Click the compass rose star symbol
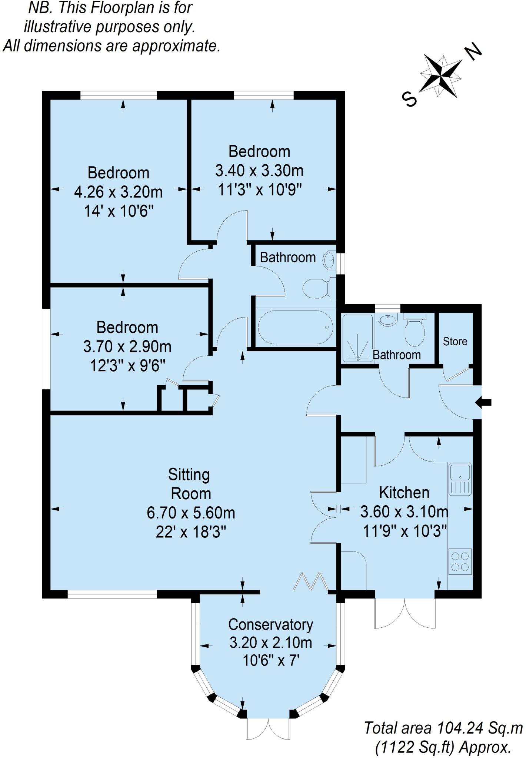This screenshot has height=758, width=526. coord(441,76)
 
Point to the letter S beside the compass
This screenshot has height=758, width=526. coord(410,99)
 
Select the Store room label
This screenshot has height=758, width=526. coord(455,341)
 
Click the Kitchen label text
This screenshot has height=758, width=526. coord(404,493)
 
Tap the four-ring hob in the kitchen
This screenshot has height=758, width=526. coord(460,561)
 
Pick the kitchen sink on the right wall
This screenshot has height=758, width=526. coord(460,479)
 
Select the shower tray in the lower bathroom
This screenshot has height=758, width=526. coord(357,338)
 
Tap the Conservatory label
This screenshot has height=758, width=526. coord(270,624)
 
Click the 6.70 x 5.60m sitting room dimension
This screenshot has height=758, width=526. coord(191,513)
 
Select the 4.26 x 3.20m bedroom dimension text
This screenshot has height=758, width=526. coord(118,192)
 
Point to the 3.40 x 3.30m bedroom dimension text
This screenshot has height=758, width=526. coord(259,171)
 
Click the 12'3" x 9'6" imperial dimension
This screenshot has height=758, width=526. coord(127,366)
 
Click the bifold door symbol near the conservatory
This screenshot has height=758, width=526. coord(311,581)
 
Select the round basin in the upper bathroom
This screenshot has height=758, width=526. coord(329,261)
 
